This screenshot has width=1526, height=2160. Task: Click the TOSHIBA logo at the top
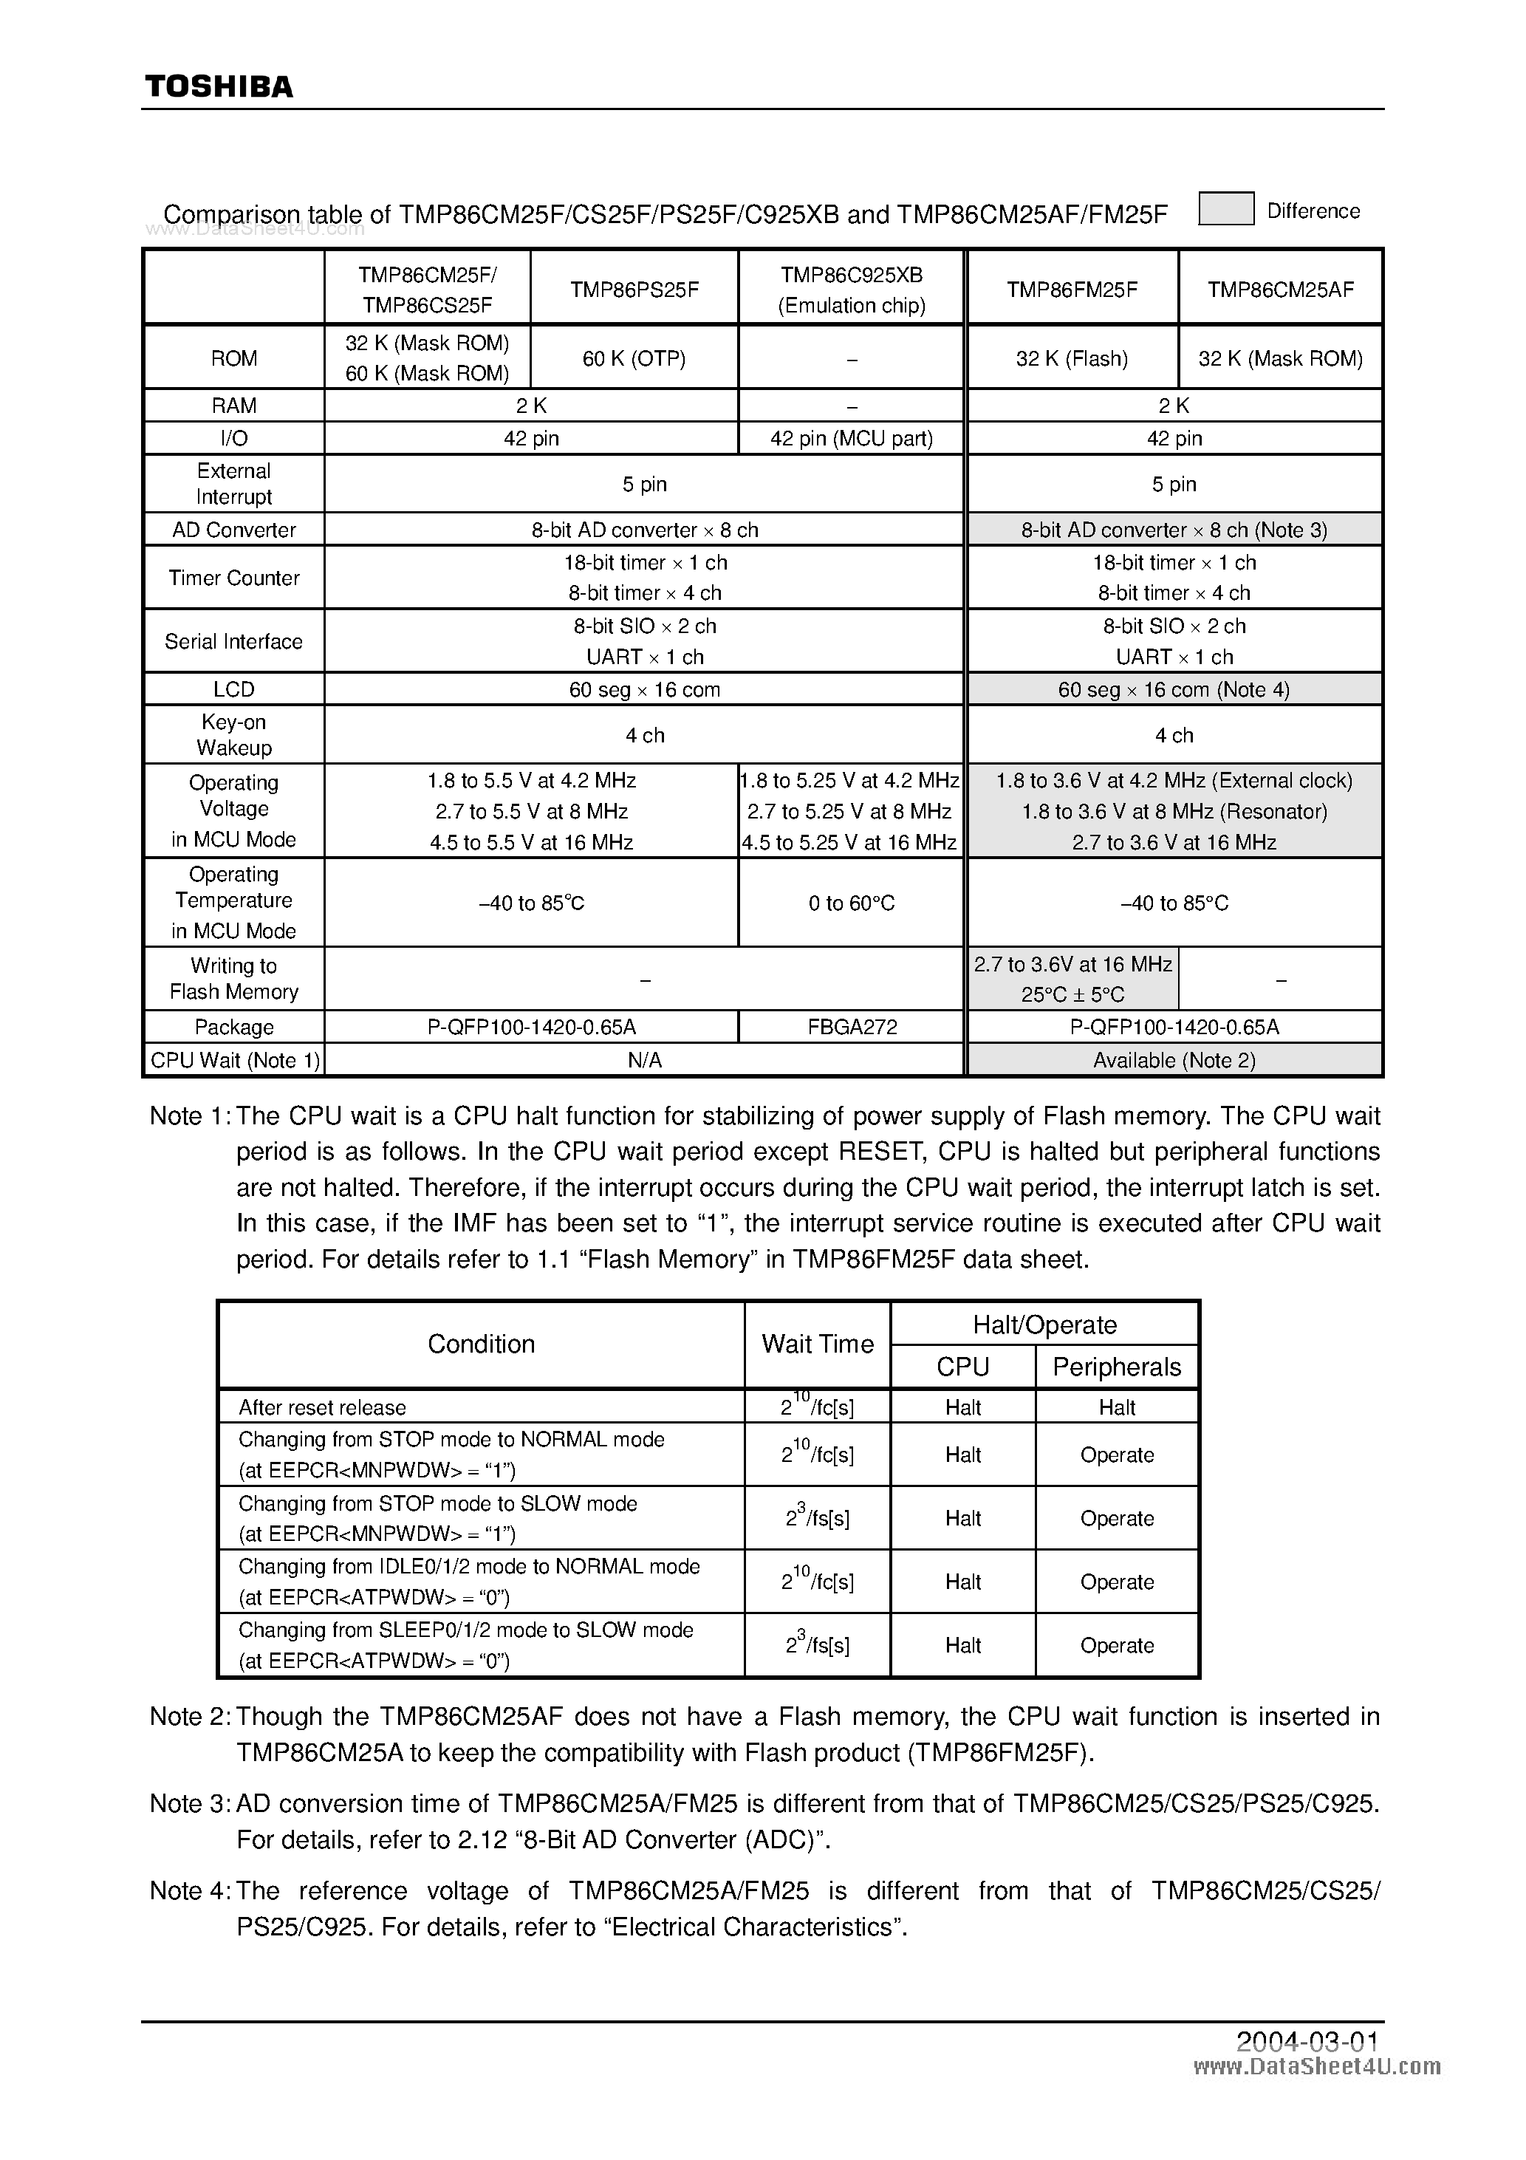[219, 86]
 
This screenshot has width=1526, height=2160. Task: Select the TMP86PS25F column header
[634, 290]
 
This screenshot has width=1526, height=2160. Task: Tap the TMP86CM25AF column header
[1279, 290]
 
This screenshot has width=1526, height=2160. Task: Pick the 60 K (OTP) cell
[634, 358]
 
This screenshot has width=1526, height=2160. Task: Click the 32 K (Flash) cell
[1072, 358]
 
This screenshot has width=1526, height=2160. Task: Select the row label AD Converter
[233, 530]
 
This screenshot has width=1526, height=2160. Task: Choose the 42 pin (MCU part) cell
[852, 438]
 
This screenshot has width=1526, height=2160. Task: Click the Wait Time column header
[817, 1344]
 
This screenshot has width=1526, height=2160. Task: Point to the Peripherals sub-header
[1116, 1367]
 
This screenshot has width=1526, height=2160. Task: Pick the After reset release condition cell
[323, 1407]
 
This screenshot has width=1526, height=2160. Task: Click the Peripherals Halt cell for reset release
[1116, 1407]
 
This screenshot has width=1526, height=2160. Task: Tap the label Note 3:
[189, 1803]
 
